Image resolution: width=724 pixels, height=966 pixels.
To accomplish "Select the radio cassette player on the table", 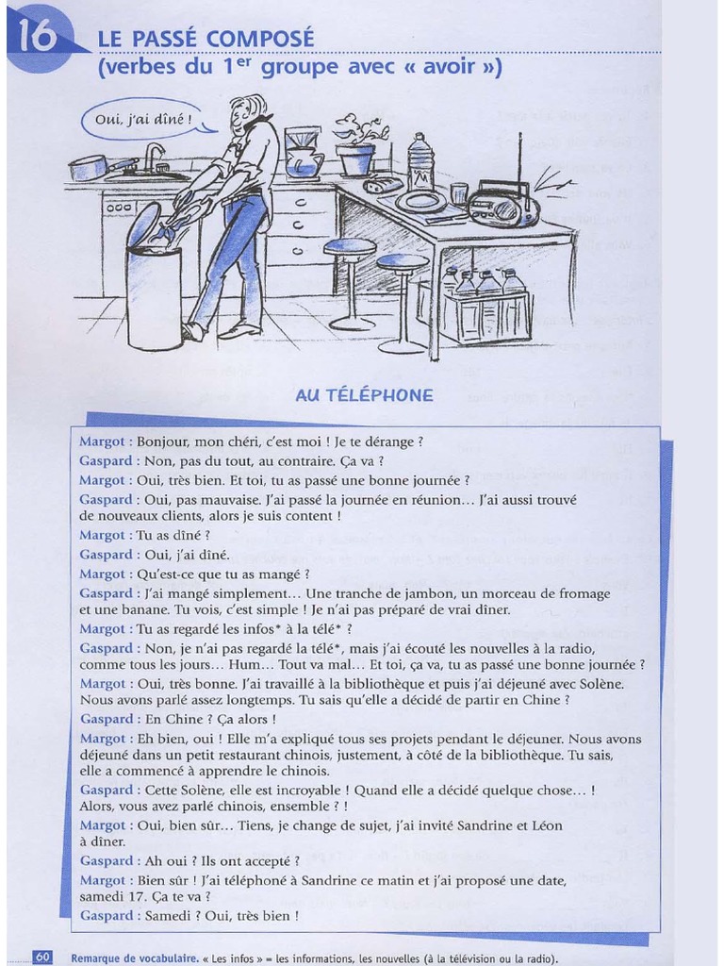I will [x=503, y=202].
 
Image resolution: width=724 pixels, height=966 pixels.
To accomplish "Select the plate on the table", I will [x=420, y=201].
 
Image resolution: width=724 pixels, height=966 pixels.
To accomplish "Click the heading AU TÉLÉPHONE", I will [x=364, y=395].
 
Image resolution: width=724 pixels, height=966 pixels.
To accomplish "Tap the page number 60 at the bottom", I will [x=43, y=958].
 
